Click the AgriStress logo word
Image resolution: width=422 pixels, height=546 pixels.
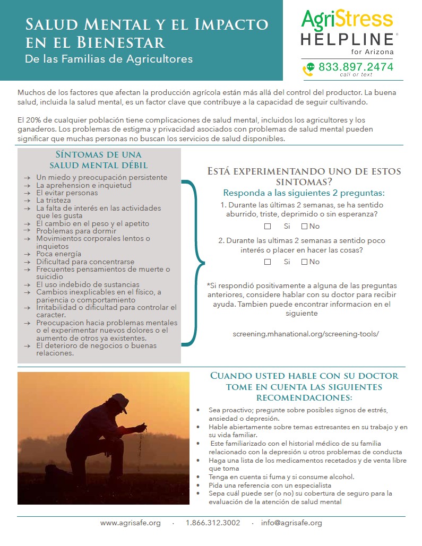347,19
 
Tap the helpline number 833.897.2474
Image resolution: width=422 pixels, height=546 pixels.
356,67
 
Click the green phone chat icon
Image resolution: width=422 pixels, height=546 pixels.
308,69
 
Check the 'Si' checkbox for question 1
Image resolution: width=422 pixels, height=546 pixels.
268,227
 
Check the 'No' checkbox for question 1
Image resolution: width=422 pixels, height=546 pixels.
305,227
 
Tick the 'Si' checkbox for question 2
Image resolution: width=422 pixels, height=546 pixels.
268,262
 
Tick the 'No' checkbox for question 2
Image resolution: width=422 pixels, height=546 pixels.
305,262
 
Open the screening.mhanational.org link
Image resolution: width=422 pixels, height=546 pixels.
306,334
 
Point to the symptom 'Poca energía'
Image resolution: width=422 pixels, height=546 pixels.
59,254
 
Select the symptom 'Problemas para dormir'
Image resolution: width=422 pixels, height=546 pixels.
76,231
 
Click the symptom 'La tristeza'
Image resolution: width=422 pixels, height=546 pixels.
53,201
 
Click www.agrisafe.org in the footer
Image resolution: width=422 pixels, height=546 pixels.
131,523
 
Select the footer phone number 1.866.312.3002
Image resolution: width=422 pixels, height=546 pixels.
213,523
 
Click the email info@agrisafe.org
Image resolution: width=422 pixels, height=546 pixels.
291,523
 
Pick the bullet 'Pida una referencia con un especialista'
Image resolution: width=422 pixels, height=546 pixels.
270,485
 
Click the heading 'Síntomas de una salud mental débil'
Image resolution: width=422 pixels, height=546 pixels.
99,159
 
